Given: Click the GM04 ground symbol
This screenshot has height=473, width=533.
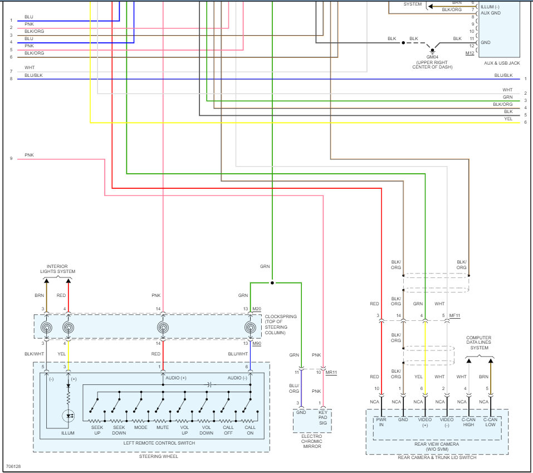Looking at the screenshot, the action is click(432, 51).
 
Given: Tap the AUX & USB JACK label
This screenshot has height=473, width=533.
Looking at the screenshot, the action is click(502, 63).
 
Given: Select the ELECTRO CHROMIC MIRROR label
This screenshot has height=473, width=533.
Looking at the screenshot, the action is click(312, 441).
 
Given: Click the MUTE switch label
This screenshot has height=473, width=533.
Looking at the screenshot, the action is click(163, 427).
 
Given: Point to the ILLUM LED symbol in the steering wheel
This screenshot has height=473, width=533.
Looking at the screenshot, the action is click(69, 416).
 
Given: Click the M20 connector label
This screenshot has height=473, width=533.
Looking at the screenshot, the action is click(257, 309).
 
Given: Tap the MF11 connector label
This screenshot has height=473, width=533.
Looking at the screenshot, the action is click(454, 315).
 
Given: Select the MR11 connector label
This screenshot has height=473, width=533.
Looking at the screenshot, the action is click(331, 372).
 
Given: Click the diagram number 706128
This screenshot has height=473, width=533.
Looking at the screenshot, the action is click(13, 466).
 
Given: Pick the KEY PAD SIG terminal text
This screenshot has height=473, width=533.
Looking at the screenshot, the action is click(323, 418).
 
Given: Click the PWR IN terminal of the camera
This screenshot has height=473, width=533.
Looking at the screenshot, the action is click(381, 422).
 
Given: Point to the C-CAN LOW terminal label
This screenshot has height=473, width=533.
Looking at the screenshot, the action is click(490, 422).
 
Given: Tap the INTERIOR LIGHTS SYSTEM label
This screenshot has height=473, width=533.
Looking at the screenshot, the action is click(57, 269).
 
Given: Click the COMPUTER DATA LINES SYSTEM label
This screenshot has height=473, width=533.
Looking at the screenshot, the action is click(479, 343).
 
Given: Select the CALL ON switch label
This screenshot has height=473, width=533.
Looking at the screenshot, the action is click(250, 430).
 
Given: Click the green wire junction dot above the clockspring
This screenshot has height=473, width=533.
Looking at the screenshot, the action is click(272, 282).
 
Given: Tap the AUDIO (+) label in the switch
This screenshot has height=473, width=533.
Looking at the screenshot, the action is click(176, 378).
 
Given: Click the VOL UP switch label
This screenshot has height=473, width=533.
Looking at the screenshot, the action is click(184, 430).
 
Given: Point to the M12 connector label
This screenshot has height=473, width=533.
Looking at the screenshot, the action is click(470, 53).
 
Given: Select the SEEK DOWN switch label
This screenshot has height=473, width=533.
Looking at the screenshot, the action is click(119, 430).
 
